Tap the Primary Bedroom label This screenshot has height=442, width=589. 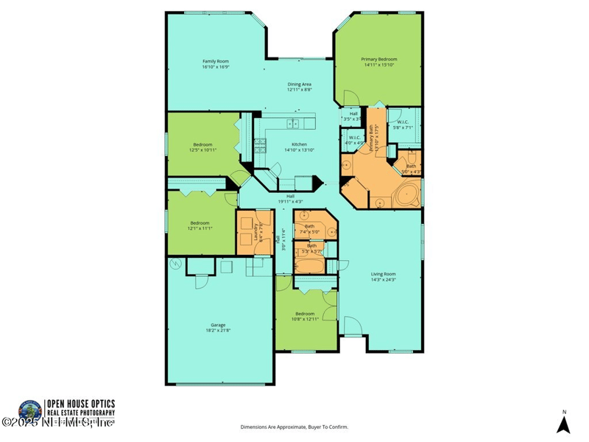coord(378,59)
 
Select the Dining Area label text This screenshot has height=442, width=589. coord(299,85)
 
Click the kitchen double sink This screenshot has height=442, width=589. coord(292,124)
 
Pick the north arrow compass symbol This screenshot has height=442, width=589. coord(563,423)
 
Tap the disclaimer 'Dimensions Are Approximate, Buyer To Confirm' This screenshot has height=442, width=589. coord(294,427)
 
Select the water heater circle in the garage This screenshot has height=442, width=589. coord(174,263)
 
